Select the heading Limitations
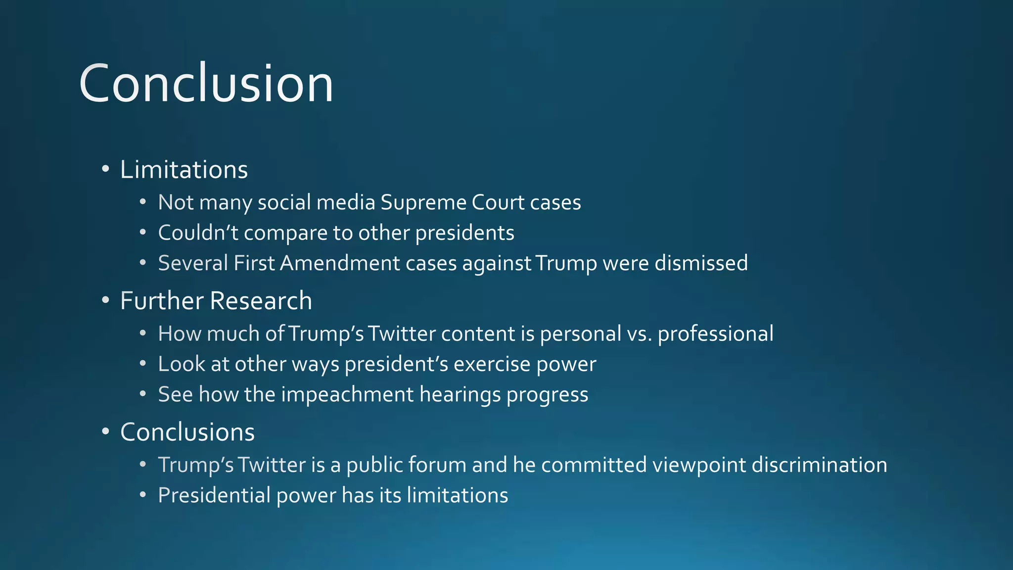tap(184, 170)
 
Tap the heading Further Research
tap(216, 301)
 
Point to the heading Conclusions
tap(187, 432)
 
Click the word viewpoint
tap(699, 465)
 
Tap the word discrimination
tap(819, 465)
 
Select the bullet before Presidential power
tap(143, 495)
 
